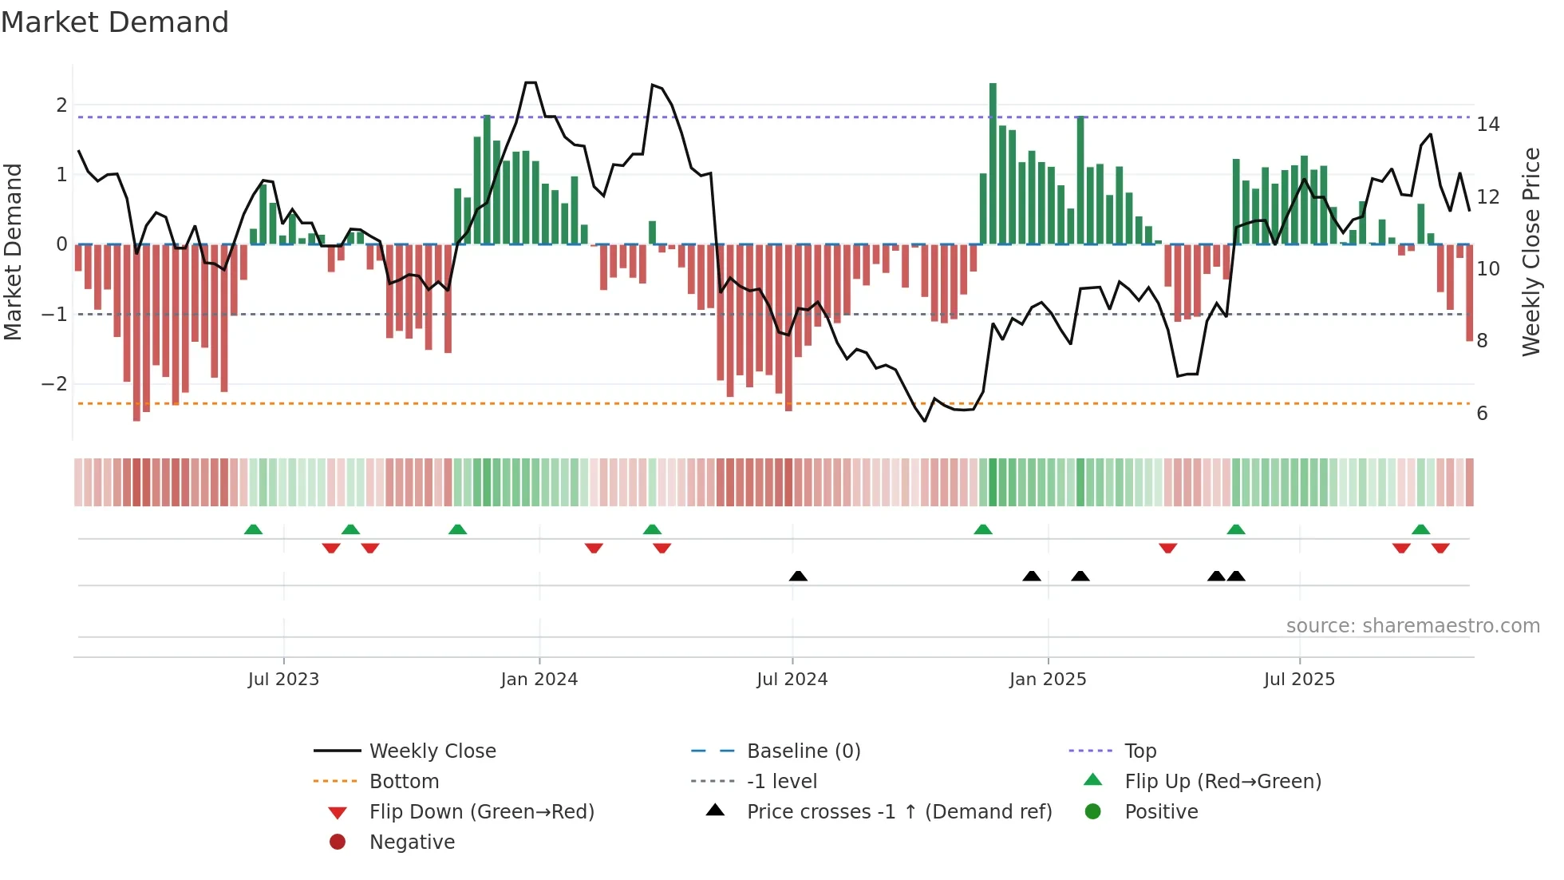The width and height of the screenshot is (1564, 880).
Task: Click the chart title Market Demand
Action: point(115,22)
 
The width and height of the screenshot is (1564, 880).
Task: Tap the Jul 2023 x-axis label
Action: point(283,680)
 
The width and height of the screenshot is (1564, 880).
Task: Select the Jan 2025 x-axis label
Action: point(1048,680)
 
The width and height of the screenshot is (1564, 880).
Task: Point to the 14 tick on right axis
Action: point(1487,125)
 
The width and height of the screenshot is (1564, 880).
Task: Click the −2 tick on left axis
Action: point(54,384)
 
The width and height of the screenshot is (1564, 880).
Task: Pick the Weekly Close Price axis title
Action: point(1530,252)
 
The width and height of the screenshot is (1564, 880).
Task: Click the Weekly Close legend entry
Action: point(432,751)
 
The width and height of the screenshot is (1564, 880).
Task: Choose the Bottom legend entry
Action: point(404,782)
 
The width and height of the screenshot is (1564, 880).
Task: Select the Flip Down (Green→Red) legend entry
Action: point(481,812)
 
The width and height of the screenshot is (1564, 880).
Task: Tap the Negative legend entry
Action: point(412,842)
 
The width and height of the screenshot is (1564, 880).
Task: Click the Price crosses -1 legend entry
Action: point(899,812)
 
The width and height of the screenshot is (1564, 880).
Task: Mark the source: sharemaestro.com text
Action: point(1412,626)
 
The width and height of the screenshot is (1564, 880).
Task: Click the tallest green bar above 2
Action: point(993,160)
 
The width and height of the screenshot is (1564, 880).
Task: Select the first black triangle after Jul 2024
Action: point(798,576)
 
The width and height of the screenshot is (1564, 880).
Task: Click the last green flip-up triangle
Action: point(1420,529)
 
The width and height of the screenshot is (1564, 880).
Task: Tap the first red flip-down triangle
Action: point(331,548)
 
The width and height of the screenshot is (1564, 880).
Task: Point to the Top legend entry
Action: point(1139,751)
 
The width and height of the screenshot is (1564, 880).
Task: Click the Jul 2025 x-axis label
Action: point(1299,680)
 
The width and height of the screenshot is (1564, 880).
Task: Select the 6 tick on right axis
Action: point(1482,414)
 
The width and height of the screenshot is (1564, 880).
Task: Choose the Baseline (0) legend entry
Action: point(803,751)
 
